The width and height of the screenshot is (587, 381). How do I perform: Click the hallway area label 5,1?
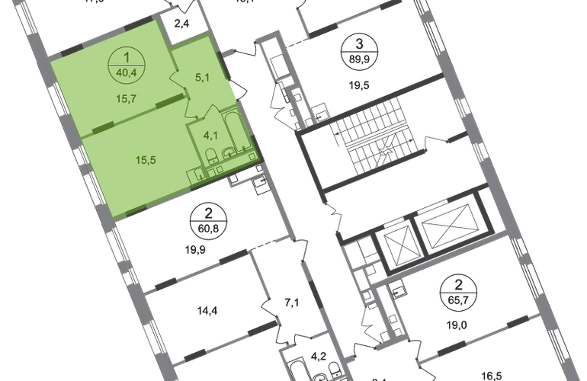(202, 76)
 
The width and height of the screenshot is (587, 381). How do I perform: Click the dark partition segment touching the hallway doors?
(187, 94)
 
